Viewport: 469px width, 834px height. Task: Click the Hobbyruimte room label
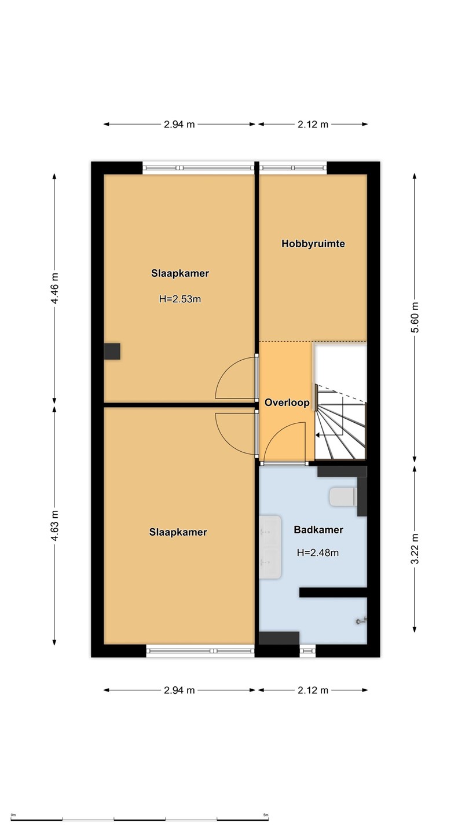pyautogui.click(x=313, y=244)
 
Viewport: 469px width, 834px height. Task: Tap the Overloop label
pyautogui.click(x=287, y=403)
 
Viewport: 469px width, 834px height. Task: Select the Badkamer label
pyautogui.click(x=318, y=530)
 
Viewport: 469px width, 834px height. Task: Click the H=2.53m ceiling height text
pyautogui.click(x=179, y=299)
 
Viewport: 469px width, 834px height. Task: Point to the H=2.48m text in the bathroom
pyautogui.click(x=317, y=553)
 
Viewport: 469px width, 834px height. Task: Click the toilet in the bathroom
pyautogui.click(x=343, y=497)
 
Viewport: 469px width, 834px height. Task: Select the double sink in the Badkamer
pyautogui.click(x=270, y=547)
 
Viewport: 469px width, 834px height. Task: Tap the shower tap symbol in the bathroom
pyautogui.click(x=361, y=621)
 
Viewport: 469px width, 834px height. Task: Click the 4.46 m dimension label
pyautogui.click(x=54, y=288)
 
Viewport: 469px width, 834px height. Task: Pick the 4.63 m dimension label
pyautogui.click(x=54, y=525)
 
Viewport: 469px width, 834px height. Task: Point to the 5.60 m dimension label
pyautogui.click(x=415, y=317)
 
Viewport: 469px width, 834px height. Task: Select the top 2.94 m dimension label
pyautogui.click(x=179, y=125)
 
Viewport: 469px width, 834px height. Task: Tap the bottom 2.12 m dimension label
pyautogui.click(x=313, y=690)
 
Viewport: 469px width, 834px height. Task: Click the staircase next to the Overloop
pyautogui.click(x=340, y=423)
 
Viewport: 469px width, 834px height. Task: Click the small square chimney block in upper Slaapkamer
pyautogui.click(x=112, y=352)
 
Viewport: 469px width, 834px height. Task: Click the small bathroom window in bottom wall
pyautogui.click(x=307, y=651)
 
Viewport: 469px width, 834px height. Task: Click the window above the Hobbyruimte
pyautogui.click(x=293, y=168)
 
